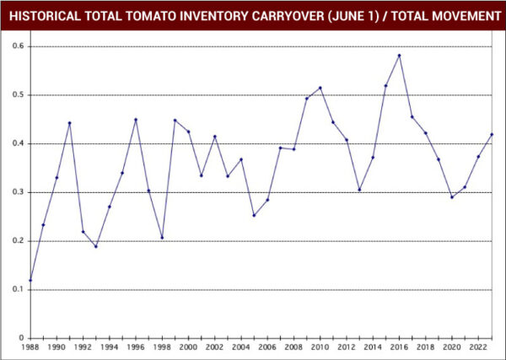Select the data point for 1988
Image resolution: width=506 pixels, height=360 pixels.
[x=30, y=280]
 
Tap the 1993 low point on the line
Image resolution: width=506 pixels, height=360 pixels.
[x=96, y=246]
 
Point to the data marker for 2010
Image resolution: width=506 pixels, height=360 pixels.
[x=320, y=88]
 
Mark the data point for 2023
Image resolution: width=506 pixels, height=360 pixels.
[x=491, y=135]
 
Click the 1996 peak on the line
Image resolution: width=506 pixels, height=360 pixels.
[x=136, y=120]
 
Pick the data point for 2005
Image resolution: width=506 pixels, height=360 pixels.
[x=254, y=215]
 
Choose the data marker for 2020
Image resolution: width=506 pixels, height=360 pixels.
[x=451, y=197]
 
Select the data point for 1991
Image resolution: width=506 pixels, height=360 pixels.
[x=70, y=123]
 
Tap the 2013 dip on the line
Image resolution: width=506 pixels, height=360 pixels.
[x=359, y=190]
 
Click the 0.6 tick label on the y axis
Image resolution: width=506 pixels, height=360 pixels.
[x=16, y=46]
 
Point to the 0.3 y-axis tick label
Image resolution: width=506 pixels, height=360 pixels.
[x=16, y=192]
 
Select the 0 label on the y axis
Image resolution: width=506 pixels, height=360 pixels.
[x=20, y=338]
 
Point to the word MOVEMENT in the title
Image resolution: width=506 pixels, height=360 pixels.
[x=456, y=16]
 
